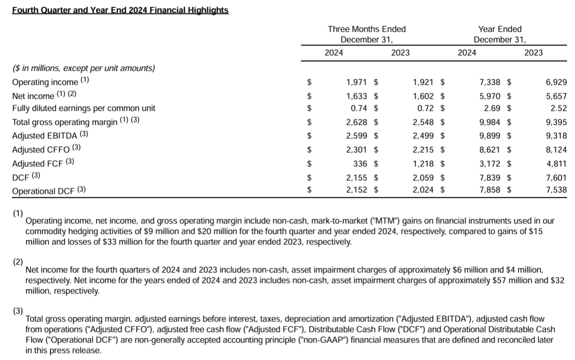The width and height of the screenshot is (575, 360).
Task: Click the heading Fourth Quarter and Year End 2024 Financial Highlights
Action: pyautogui.click(x=120, y=10)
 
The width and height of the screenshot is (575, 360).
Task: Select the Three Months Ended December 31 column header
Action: pyautogui.click(x=367, y=34)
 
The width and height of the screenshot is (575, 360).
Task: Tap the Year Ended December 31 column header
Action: pyautogui.click(x=499, y=34)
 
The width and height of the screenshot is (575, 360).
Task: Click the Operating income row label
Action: pyautogui.click(x=45, y=82)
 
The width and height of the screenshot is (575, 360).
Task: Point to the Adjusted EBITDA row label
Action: pyautogui.click(x=44, y=135)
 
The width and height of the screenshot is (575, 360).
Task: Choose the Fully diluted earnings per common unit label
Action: pyautogui.click(x=84, y=108)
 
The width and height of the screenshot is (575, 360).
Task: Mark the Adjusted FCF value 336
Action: pyautogui.click(x=361, y=163)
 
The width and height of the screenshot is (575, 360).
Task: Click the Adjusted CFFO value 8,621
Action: pyautogui.click(x=491, y=149)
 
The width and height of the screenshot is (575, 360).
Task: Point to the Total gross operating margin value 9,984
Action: pyautogui.click(x=491, y=122)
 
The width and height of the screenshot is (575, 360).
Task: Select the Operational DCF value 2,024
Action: pyautogui.click(x=425, y=190)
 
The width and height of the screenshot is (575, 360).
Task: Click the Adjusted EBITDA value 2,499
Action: pyautogui.click(x=425, y=135)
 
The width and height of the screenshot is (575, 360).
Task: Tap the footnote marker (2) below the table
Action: pyautogui.click(x=18, y=261)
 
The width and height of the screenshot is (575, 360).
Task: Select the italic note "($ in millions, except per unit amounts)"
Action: pyautogui.click(x=84, y=68)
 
